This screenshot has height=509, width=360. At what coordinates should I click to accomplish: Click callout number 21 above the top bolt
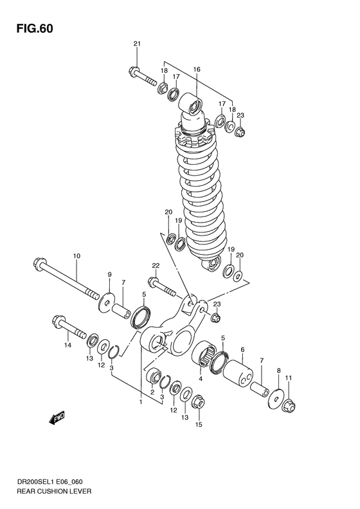(x=136, y=43)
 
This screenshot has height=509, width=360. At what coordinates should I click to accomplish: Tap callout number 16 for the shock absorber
(x=196, y=69)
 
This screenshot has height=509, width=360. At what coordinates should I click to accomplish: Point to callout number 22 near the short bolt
(x=155, y=265)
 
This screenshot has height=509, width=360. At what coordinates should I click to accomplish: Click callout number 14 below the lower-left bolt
(x=66, y=346)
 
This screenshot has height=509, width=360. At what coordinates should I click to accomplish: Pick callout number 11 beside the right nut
(x=289, y=378)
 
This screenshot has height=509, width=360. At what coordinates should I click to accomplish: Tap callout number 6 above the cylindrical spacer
(x=242, y=350)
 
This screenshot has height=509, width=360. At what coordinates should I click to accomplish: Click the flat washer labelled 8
(x=275, y=399)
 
